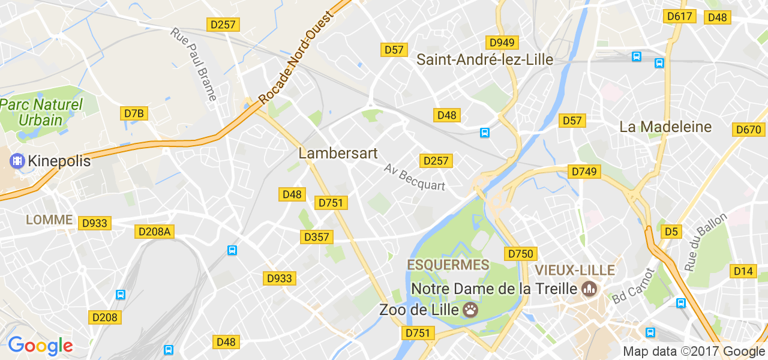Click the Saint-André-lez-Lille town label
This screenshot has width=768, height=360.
[485, 59]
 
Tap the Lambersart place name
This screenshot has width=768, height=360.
[338, 154]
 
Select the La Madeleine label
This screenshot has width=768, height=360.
[665, 127]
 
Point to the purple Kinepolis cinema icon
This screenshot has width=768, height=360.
[17, 161]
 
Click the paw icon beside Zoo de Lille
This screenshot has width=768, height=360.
[471, 310]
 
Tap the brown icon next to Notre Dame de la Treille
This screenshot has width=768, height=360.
[589, 289]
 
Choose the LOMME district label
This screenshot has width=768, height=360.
[49, 220]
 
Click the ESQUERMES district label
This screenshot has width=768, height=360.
[448, 265]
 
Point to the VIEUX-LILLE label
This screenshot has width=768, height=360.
[575, 269]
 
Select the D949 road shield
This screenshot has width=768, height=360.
[502, 43]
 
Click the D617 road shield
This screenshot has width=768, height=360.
[680, 17]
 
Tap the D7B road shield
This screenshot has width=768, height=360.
[134, 113]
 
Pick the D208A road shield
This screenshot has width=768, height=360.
[155, 232]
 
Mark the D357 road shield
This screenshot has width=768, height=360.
[316, 237]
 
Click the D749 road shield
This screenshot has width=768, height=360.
[584, 172]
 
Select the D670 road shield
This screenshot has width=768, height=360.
[748, 130]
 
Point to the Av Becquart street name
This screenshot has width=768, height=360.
[415, 177]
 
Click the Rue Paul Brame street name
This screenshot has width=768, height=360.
[194, 64]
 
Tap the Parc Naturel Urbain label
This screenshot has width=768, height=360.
[41, 112]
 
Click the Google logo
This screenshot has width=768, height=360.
[40, 346]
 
